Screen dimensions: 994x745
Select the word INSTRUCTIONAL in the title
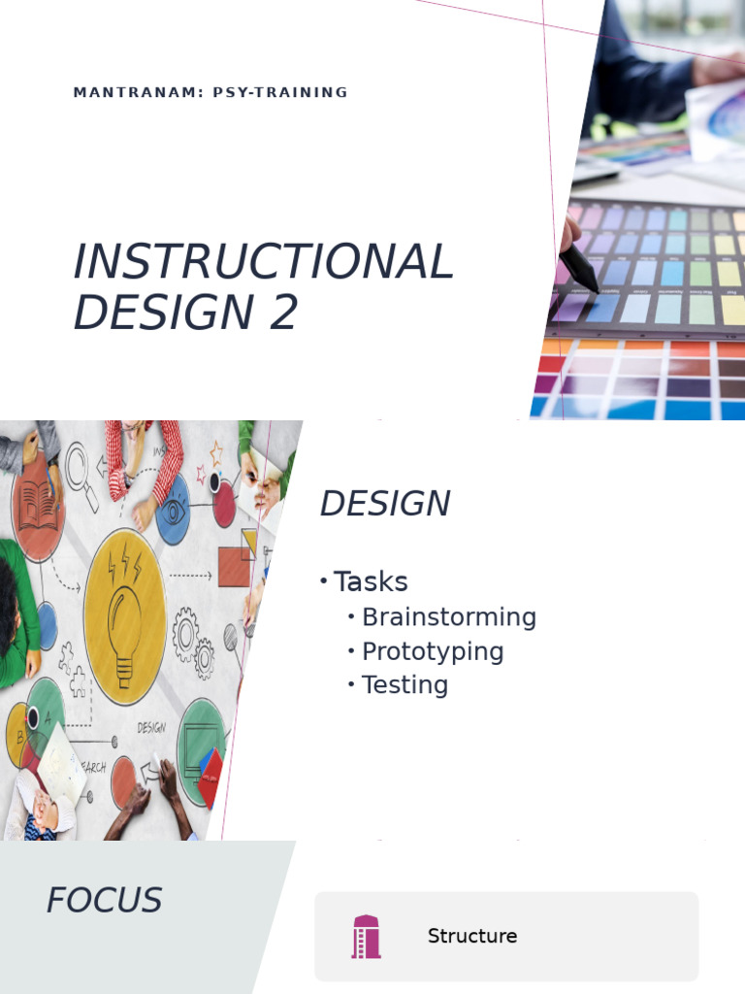click(x=263, y=261)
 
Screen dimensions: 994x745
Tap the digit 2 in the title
click(x=283, y=313)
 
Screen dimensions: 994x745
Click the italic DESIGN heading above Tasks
click(x=384, y=504)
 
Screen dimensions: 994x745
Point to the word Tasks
click(x=371, y=581)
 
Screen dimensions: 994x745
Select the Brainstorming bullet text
click(x=448, y=617)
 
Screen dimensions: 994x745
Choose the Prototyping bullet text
click(x=432, y=651)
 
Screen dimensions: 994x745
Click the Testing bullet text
click(x=405, y=685)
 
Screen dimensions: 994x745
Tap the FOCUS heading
click(x=104, y=901)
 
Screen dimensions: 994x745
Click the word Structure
click(x=471, y=936)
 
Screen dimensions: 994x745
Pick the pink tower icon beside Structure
click(x=366, y=937)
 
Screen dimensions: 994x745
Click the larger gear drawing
click(x=186, y=633)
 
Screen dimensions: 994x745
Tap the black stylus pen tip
click(x=588, y=276)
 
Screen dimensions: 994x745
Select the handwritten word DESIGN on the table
click(x=151, y=726)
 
